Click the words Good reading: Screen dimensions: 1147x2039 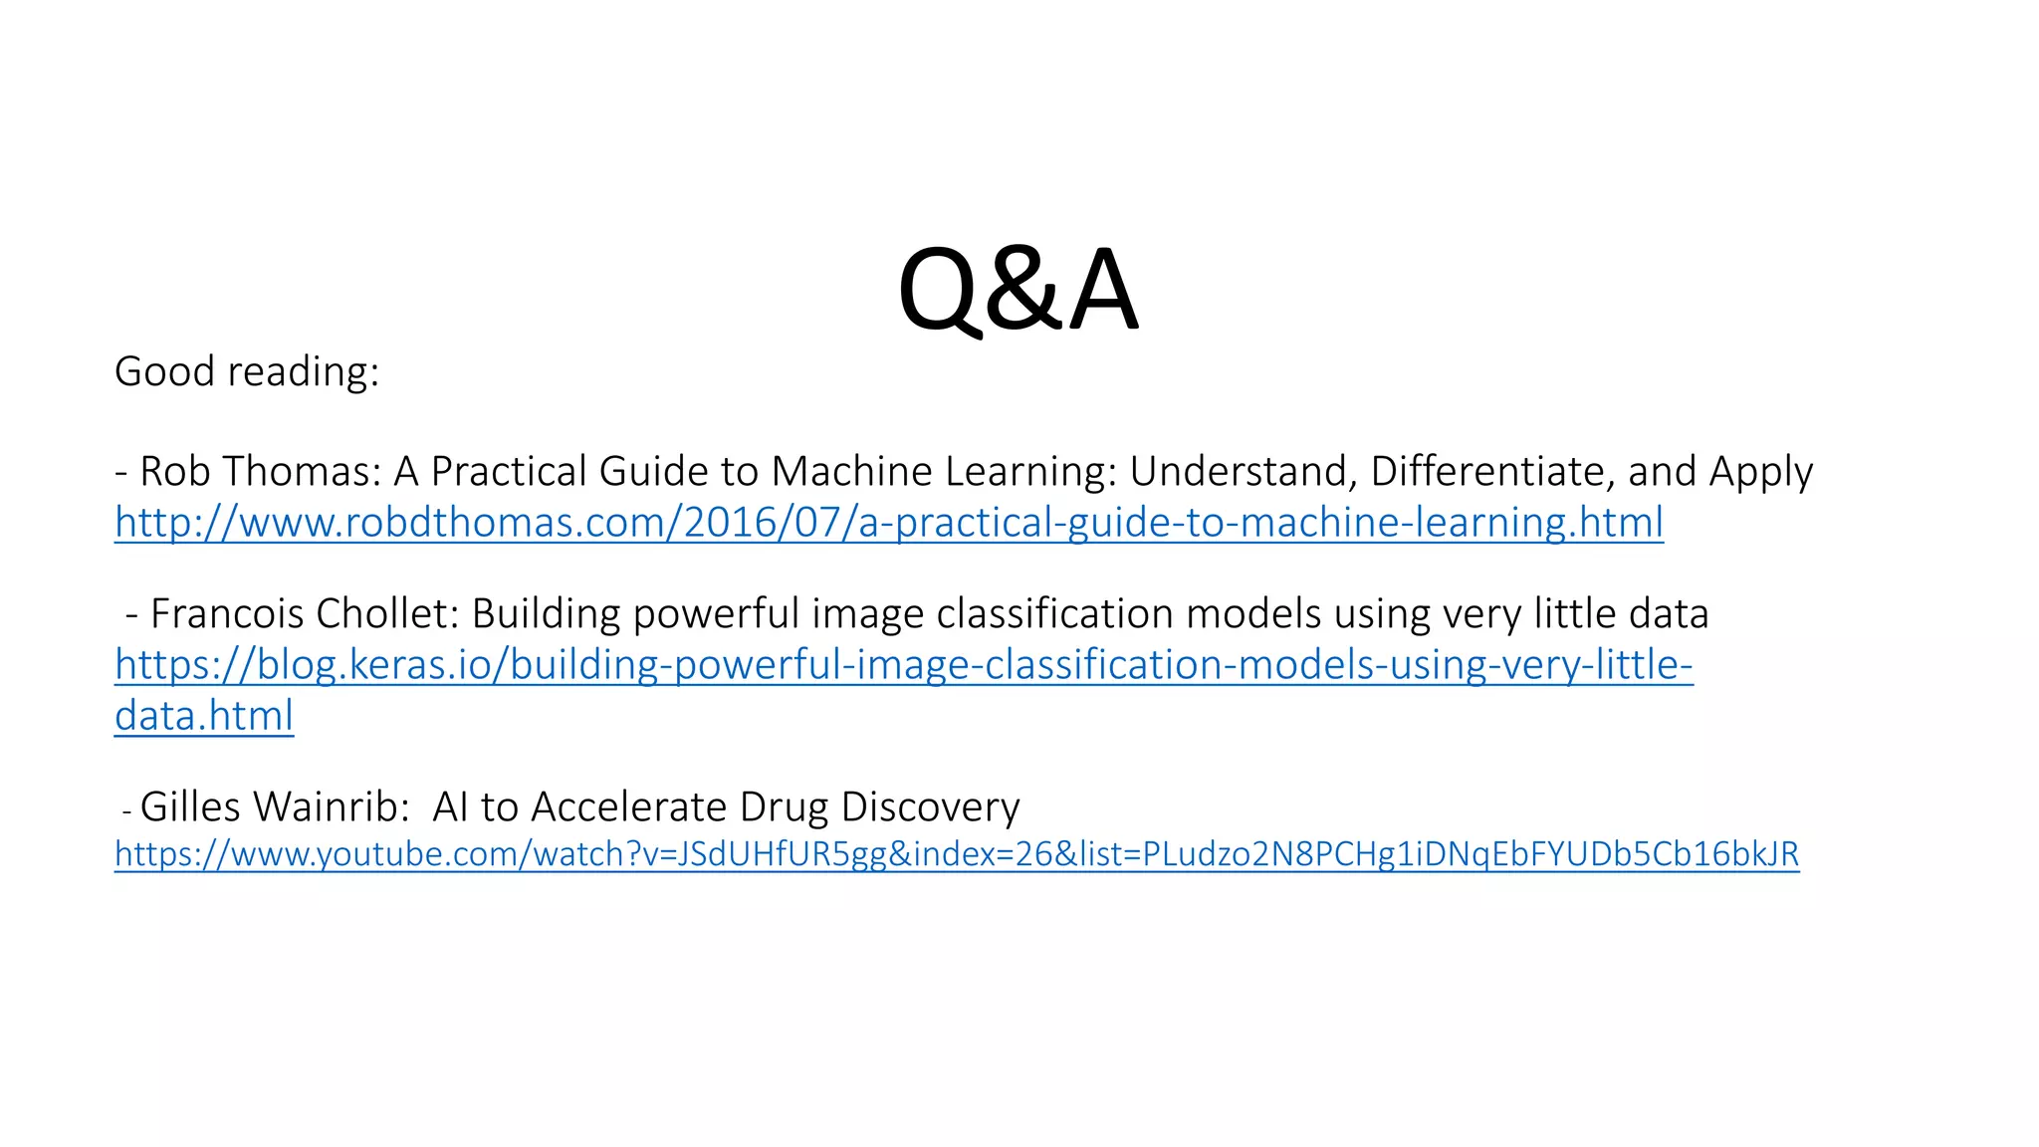pyautogui.click(x=247, y=371)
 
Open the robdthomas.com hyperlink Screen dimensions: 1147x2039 pyautogui.click(x=888, y=523)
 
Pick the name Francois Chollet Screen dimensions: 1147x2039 pyautogui.click(x=304, y=613)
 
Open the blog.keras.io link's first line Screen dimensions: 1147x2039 pyautogui.click(x=903, y=665)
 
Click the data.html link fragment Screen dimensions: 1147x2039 pyautogui.click(x=204, y=716)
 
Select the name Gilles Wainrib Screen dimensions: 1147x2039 pyautogui.click(x=274, y=806)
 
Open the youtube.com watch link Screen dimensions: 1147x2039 pyautogui.click(x=956, y=854)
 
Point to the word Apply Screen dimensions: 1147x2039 pyautogui.click(x=1761, y=471)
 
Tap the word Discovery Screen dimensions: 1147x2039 pyautogui.click(x=930, y=806)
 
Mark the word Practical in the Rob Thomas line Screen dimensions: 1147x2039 pyautogui.click(x=509, y=471)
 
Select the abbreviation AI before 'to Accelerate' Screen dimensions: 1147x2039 pyautogui.click(x=449, y=806)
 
